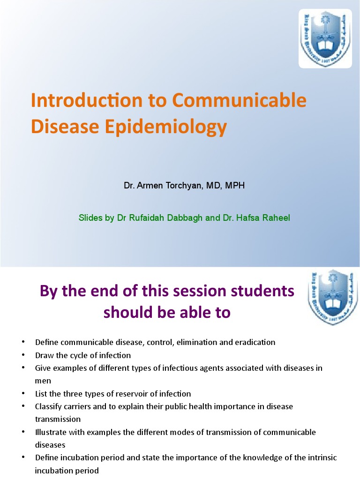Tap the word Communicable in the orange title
click(x=240, y=101)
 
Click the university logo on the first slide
click(x=325, y=38)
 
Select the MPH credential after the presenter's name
click(x=235, y=186)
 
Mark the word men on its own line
click(x=43, y=381)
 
